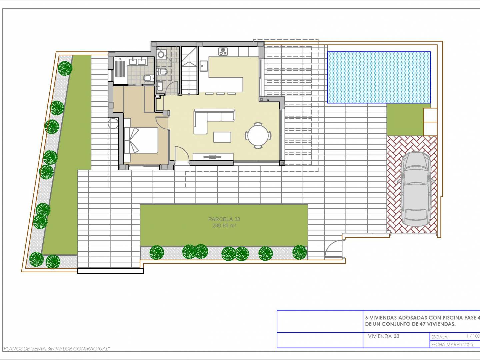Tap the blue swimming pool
(x=379, y=77)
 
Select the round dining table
(x=258, y=136)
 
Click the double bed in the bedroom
(x=141, y=140)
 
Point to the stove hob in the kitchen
(x=223, y=52)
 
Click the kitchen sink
(x=204, y=66)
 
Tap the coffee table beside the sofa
(x=222, y=137)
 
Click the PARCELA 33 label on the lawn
(x=224, y=219)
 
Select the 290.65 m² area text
(x=224, y=226)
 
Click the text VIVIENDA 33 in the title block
(x=384, y=336)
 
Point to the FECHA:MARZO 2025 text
(x=452, y=345)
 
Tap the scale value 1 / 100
(x=473, y=336)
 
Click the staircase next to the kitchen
(x=189, y=71)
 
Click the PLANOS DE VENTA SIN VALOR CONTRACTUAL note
(x=56, y=349)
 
